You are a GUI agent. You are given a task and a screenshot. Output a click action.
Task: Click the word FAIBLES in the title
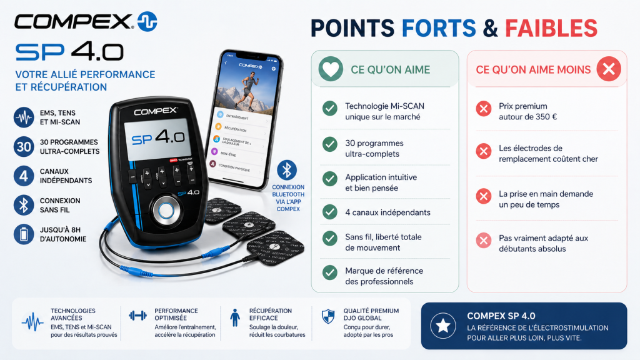(551, 27)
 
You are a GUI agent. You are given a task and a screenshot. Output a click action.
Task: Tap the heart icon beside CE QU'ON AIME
(331, 69)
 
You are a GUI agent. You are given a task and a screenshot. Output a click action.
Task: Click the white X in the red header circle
(608, 69)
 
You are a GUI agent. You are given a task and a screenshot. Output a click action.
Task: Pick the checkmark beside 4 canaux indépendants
(330, 212)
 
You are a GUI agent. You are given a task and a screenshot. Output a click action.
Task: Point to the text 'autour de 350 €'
(527, 117)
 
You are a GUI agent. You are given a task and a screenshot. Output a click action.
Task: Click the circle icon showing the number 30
(24, 146)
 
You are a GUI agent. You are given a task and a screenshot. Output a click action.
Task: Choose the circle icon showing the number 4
(24, 176)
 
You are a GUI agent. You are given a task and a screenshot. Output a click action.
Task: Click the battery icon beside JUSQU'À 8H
(24, 234)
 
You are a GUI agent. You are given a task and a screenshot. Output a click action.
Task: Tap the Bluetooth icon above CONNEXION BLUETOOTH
(287, 170)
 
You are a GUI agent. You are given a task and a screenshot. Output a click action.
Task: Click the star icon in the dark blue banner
(443, 325)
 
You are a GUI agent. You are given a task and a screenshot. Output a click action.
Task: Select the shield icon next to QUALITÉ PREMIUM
(328, 316)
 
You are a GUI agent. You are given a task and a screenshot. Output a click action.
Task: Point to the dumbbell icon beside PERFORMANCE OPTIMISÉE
(137, 316)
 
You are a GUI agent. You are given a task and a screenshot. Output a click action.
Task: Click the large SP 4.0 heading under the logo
(69, 52)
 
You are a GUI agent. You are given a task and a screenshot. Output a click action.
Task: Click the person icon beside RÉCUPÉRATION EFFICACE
(234, 317)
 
